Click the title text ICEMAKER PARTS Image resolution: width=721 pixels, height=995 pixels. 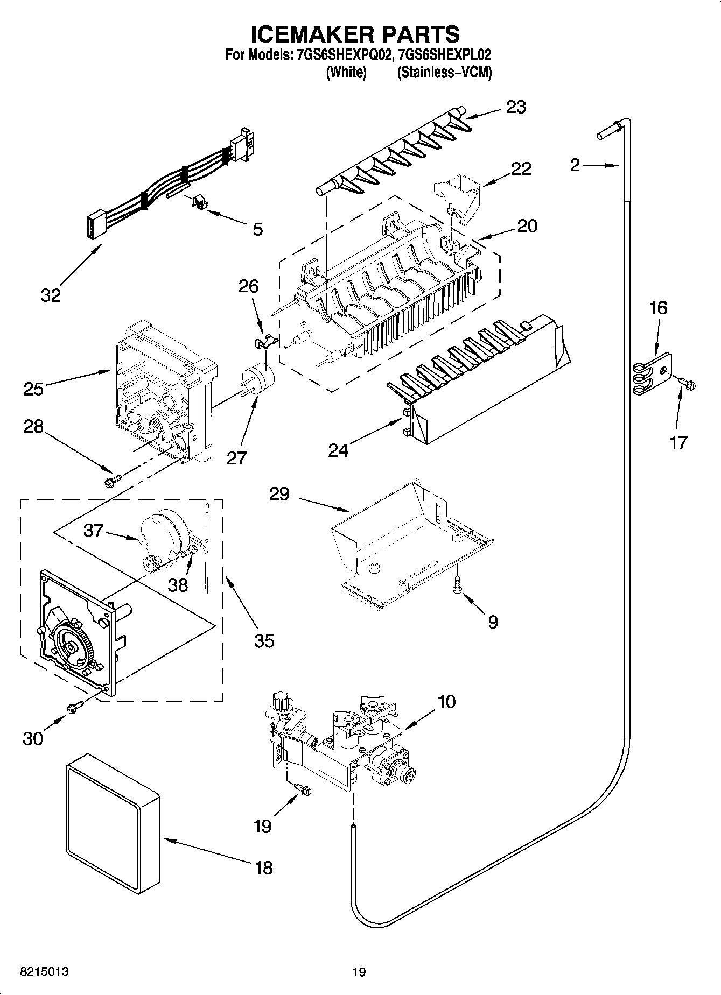point(355,34)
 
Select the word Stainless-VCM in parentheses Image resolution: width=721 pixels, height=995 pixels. point(445,73)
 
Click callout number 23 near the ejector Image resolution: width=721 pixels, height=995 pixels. point(515,107)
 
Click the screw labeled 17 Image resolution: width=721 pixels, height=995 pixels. point(688,382)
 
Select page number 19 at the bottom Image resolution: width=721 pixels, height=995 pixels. point(359,972)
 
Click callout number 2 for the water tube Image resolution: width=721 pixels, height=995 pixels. point(575,165)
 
